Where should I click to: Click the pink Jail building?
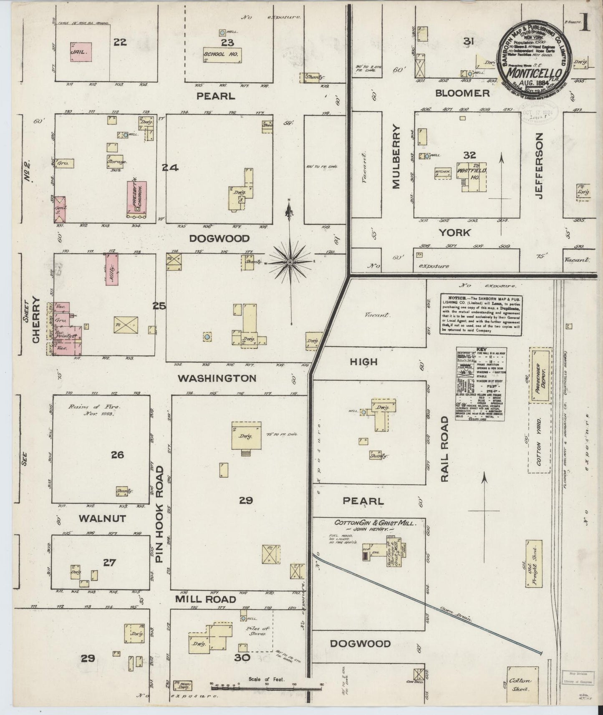pos(81,52)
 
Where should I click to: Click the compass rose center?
pos(290,262)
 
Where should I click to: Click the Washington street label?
pos(217,378)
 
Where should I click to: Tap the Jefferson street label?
pos(538,166)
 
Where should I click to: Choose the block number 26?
pos(117,454)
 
